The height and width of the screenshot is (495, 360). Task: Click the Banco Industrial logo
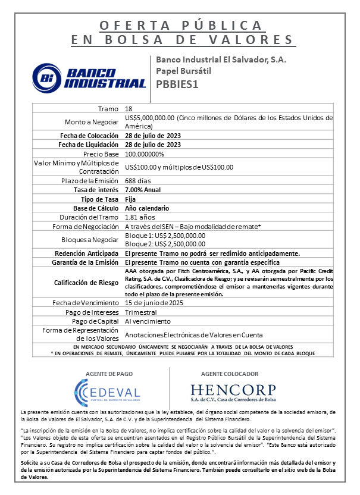click(x=89, y=76)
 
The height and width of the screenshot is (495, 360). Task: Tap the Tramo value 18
click(x=129, y=109)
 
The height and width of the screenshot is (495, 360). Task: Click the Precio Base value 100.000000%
click(x=145, y=154)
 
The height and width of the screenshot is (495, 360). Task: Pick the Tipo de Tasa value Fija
click(x=130, y=199)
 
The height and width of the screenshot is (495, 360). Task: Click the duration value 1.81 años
click(x=140, y=217)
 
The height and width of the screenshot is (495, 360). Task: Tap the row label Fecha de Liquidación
click(x=89, y=145)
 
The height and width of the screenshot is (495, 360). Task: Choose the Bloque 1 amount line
click(x=165, y=236)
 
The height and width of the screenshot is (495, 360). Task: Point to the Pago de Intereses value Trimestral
click(x=141, y=312)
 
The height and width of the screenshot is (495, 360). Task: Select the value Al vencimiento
click(x=143, y=321)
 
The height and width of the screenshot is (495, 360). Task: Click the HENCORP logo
click(x=233, y=393)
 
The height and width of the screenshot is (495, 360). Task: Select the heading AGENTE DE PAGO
click(x=108, y=373)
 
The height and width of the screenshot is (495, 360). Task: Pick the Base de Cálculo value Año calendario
click(x=147, y=208)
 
